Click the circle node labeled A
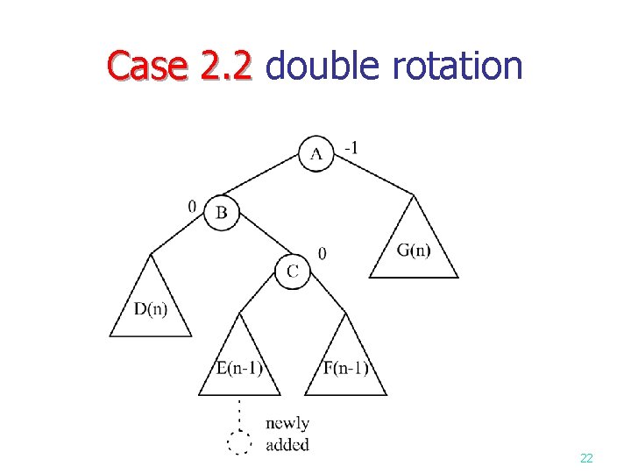tap(316, 153)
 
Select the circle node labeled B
tap(221, 212)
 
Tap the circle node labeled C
tap(293, 272)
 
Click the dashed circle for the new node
tap(239, 443)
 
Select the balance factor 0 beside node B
tap(192, 207)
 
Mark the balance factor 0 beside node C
tap(323, 253)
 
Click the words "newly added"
tap(287, 434)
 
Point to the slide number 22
tap(586, 459)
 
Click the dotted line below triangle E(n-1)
tap(239, 413)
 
